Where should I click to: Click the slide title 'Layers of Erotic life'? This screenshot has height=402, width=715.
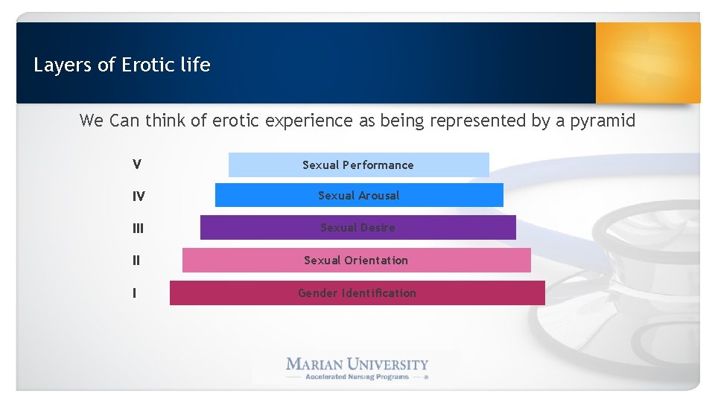122,66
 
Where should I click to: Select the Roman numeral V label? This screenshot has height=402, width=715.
137,165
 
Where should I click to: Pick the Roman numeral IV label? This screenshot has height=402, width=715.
139,197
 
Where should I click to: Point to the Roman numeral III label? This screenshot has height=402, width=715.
138,229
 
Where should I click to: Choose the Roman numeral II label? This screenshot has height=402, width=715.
136,261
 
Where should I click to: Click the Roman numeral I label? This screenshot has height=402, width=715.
134,293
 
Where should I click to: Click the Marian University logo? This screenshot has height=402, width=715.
357,365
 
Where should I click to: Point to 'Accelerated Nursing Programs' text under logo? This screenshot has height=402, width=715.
357,377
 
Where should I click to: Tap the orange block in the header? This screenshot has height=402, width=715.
648,63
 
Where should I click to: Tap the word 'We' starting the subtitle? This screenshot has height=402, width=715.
92,121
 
